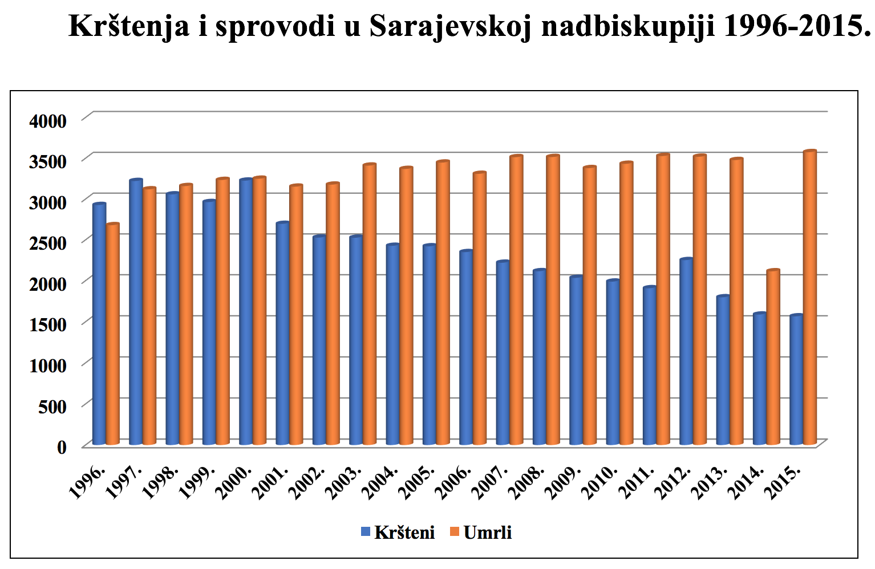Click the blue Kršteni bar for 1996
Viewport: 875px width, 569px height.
99,325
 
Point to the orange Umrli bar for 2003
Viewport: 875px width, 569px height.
370,304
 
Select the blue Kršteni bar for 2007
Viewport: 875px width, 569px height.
503,353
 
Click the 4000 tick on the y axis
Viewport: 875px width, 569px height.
48,121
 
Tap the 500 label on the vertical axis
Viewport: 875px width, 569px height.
54,407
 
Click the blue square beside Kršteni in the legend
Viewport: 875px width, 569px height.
366,533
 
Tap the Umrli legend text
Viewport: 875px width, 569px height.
488,533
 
